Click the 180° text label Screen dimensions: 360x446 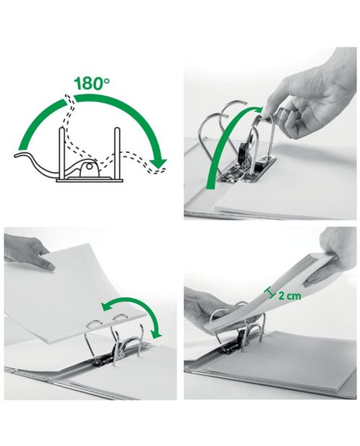pos(91,84)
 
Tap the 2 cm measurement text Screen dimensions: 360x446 pos(289,296)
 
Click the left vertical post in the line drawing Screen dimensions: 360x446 pos(61,154)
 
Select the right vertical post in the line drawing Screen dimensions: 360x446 pos(116,154)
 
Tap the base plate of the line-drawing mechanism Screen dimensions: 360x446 pos(89,180)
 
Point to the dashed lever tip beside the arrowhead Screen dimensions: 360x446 pos(160,170)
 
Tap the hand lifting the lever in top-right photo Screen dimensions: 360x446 pos(310,94)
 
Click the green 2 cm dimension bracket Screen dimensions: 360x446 pos(268,293)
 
